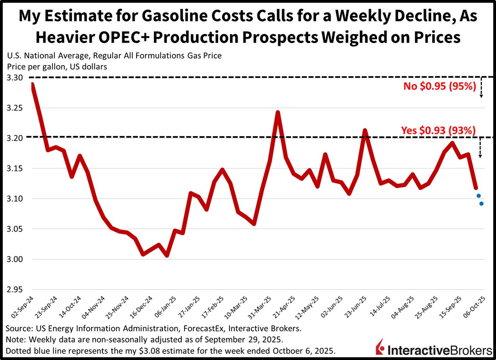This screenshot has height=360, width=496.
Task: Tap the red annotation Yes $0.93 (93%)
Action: (438, 130)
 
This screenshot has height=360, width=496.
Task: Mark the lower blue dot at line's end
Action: (481, 204)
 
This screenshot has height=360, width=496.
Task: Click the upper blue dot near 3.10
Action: (479, 196)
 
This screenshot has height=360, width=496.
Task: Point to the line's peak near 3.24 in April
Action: (278, 112)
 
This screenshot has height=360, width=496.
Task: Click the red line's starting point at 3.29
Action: (32, 85)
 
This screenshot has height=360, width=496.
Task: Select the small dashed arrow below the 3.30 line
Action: (481, 87)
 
